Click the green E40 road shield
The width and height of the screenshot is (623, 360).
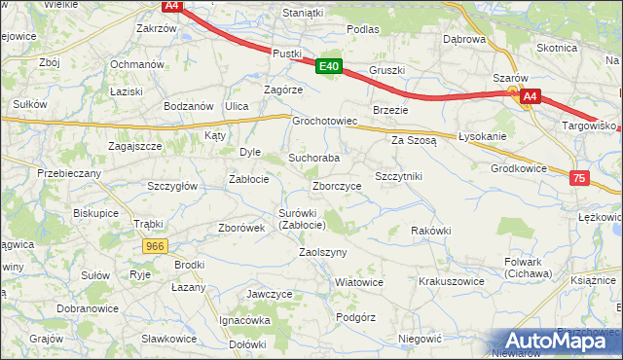coord(329,66)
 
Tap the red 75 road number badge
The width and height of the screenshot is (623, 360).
coord(580,178)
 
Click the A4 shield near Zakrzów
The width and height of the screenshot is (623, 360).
coord(171,6)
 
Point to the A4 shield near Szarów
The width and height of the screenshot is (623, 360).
coord(530,96)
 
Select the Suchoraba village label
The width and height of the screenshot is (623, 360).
coord(313,157)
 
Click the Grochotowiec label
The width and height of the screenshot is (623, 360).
coord(326,122)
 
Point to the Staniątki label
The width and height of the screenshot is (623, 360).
coord(302,13)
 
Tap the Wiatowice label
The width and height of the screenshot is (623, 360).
coord(358,282)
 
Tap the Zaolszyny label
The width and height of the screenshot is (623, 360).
coord(323,251)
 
